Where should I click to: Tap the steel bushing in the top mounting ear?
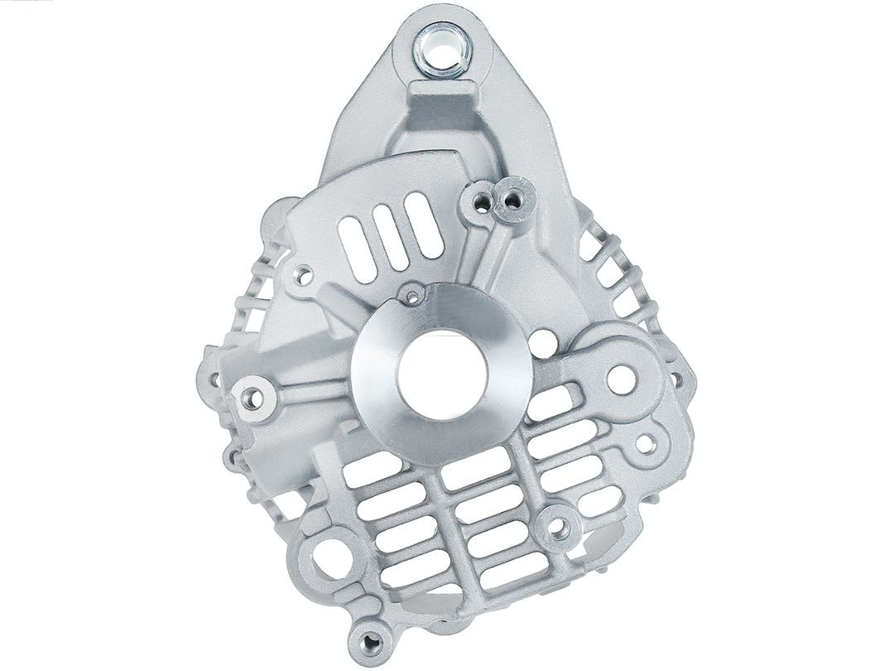pyautogui.click(x=444, y=42)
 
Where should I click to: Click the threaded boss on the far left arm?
pyautogui.click(x=252, y=398)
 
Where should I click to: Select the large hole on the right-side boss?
pyautogui.click(x=622, y=379)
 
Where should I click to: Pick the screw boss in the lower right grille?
pyautogui.click(x=559, y=524)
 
